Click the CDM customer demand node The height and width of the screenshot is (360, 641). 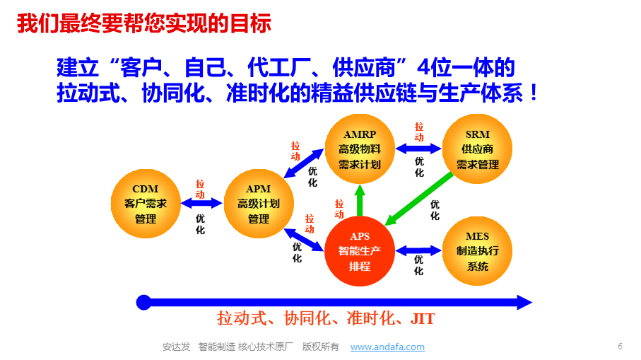coord(146,204)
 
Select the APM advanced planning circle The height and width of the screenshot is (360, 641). coord(259,204)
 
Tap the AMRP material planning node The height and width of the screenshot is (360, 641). coord(360,149)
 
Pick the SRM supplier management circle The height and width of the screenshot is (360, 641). coord(478,149)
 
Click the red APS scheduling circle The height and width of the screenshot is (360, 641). coord(360,251)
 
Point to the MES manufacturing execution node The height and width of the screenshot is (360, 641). coord(478,251)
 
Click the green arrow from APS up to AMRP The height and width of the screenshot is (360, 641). coord(360,200)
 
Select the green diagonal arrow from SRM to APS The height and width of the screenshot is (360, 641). coord(419,199)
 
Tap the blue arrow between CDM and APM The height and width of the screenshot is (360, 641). coord(201,203)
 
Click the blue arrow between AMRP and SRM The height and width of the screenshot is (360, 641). coord(418,149)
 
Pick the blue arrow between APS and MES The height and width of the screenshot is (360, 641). coord(418,250)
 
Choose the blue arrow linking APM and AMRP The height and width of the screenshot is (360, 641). coord(303,163)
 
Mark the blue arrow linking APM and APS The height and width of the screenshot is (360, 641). coord(303,240)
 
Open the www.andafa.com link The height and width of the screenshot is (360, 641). coord(387,347)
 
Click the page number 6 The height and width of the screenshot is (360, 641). coord(620,347)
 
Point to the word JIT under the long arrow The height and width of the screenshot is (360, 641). coord(423,319)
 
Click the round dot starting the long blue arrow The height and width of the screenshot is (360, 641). coord(143,303)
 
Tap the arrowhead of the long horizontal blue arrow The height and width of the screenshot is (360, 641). coord(524,303)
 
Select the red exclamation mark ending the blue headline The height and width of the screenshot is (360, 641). coord(534,93)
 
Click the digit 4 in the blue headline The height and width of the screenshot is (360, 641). coord(423,67)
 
